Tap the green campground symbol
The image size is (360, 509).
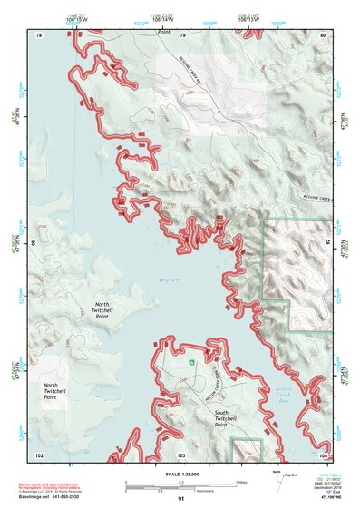pos(191,363)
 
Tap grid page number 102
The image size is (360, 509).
pos(39,455)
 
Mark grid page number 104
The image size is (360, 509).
pos(323,455)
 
